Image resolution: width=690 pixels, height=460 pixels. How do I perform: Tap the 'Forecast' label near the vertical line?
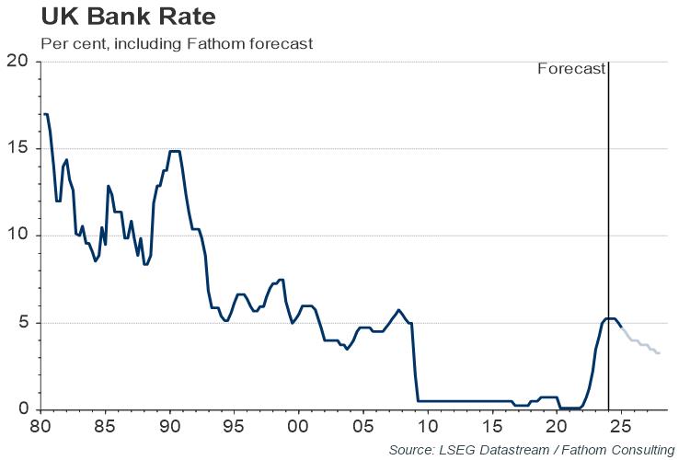click(x=571, y=69)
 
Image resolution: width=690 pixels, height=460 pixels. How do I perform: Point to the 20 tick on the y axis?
click(x=18, y=62)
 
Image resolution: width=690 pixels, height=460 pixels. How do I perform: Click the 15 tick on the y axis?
click(x=18, y=149)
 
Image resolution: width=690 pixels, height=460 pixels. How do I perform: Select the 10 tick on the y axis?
click(x=18, y=236)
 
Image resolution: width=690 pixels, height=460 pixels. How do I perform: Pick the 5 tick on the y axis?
click(x=23, y=323)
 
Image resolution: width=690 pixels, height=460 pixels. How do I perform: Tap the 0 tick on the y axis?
click(x=23, y=409)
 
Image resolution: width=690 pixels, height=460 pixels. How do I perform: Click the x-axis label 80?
click(x=40, y=427)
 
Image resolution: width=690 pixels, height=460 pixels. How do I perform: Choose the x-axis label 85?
click(x=105, y=427)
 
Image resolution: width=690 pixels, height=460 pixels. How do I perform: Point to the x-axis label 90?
click(x=169, y=427)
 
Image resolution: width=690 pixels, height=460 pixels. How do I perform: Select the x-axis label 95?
click(x=234, y=427)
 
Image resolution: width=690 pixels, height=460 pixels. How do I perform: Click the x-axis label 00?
click(x=298, y=427)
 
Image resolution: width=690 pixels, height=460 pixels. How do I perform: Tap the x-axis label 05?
click(x=362, y=427)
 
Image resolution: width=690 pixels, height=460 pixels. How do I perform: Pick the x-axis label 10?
click(x=427, y=427)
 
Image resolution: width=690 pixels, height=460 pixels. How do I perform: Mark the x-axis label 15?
click(x=491, y=427)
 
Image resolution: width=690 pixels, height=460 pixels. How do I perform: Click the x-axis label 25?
click(x=620, y=427)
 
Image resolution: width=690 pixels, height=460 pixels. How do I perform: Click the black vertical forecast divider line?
click(x=608, y=184)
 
